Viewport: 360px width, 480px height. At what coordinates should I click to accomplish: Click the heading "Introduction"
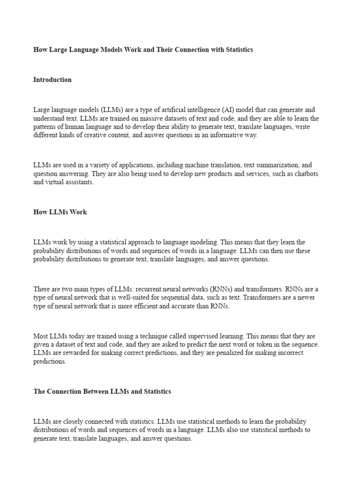[x=52, y=80]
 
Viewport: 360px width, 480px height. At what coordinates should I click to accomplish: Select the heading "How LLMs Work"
[x=60, y=212]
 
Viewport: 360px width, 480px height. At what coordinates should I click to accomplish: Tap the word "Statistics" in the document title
[x=238, y=49]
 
